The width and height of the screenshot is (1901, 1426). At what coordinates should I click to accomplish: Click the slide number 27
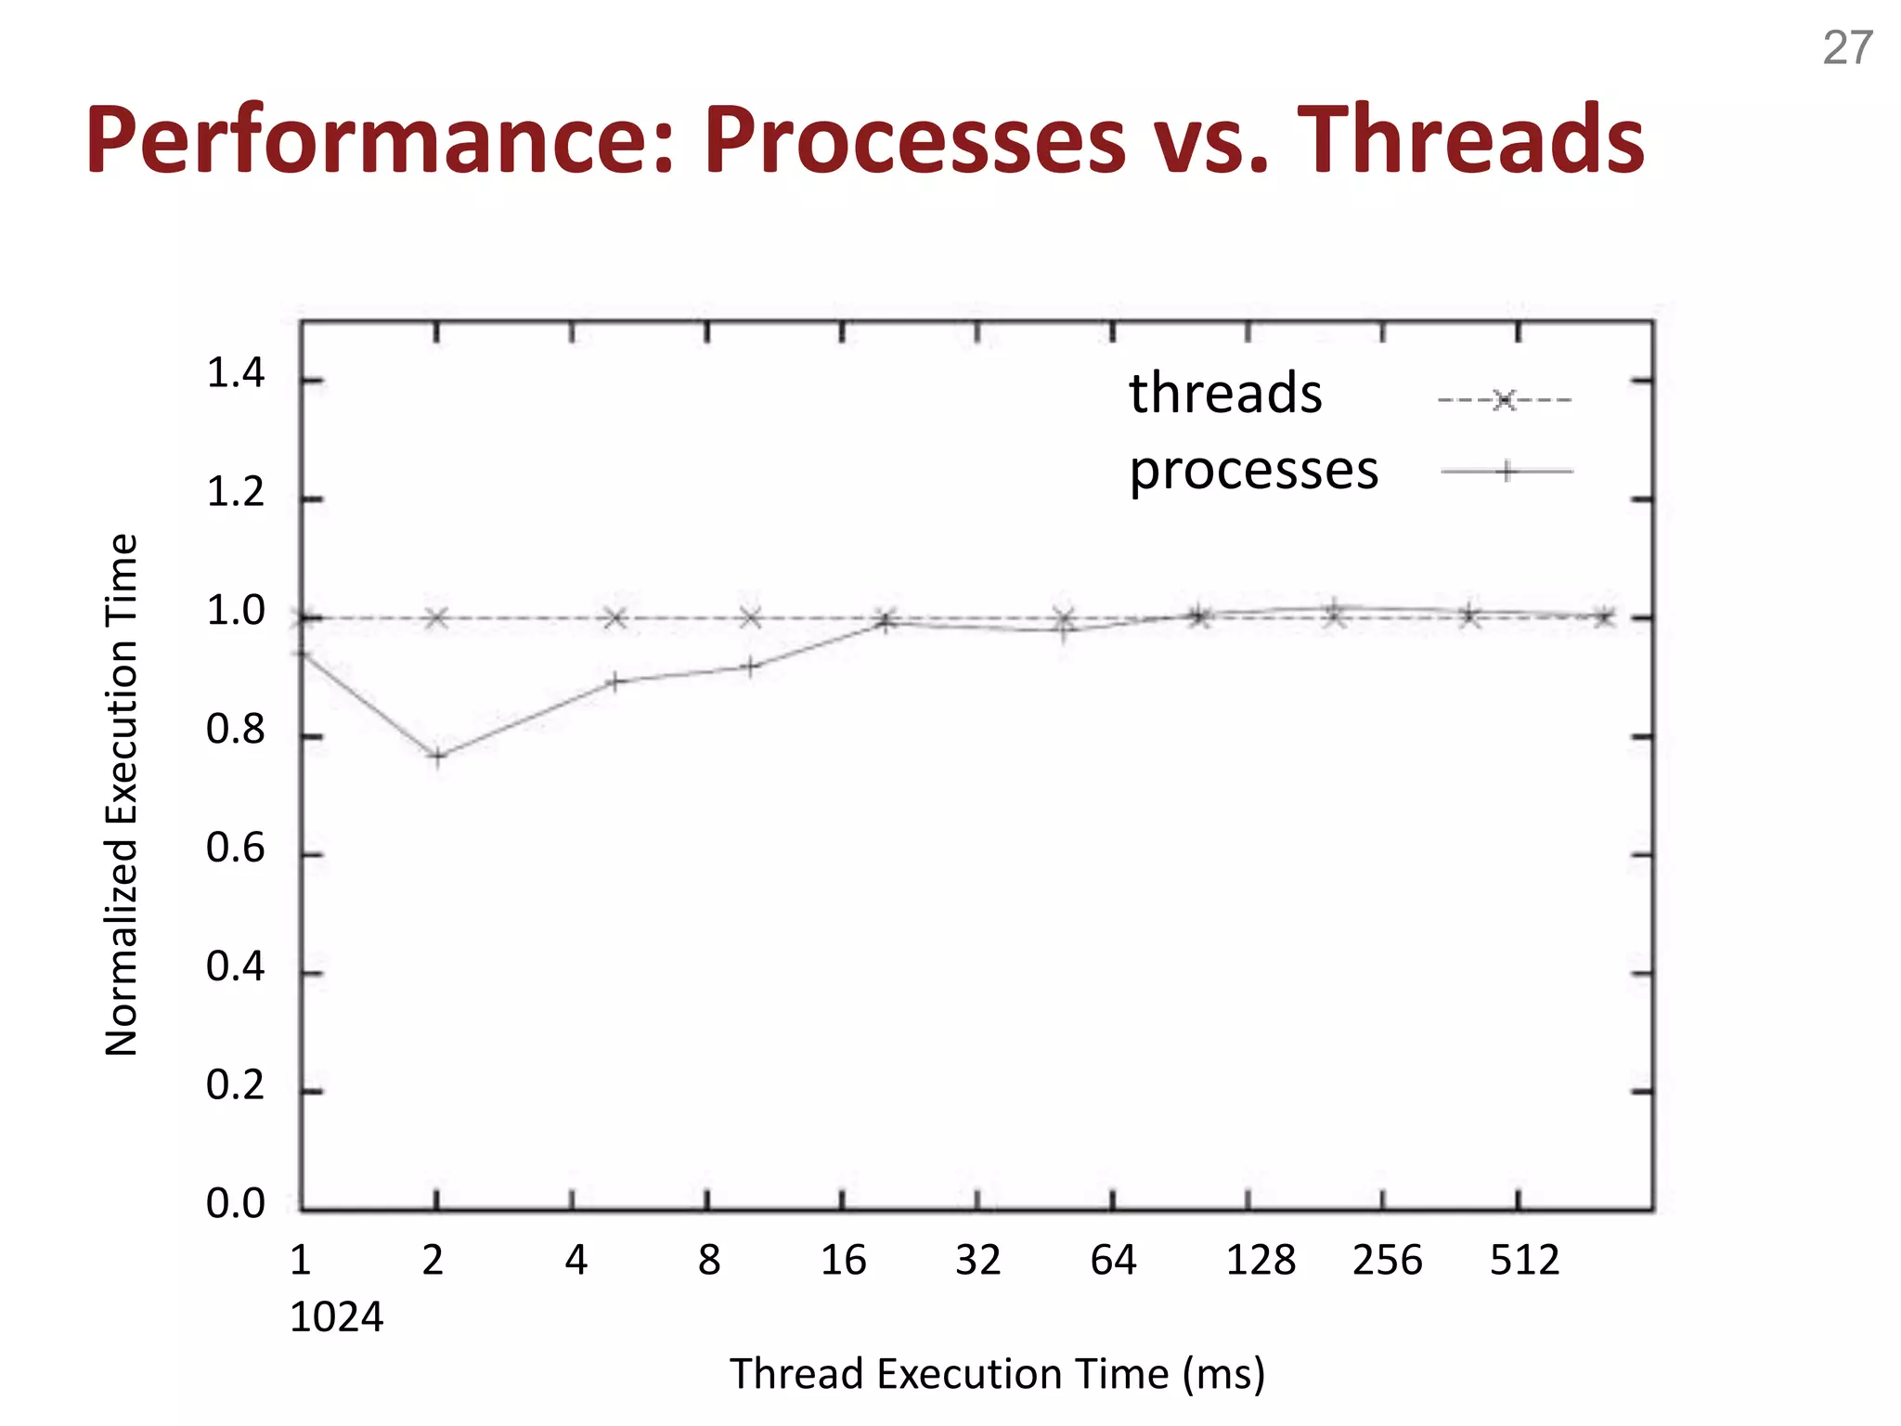(x=1847, y=48)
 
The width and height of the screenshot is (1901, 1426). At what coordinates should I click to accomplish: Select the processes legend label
(x=1253, y=470)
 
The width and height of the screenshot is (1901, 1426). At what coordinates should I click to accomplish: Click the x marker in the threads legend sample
(x=1505, y=400)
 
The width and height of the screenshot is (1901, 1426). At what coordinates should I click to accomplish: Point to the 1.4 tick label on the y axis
(x=235, y=374)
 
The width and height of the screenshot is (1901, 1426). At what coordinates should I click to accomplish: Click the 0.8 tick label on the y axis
(x=235, y=731)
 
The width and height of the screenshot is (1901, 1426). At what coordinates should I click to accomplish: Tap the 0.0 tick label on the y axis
(x=235, y=1204)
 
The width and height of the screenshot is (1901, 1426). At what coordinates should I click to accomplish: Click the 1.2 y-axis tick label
(x=235, y=493)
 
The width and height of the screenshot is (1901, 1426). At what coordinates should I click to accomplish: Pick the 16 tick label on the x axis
(x=843, y=1261)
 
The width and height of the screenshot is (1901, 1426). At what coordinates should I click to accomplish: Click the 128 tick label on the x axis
(x=1261, y=1261)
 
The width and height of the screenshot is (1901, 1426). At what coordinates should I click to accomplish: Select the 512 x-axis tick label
(x=1524, y=1261)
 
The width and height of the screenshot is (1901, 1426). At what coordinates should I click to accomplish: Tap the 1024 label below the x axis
(x=336, y=1317)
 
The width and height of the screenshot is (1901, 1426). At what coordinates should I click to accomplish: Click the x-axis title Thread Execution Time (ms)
(x=997, y=1374)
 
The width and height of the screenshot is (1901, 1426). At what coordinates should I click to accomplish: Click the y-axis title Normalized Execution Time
(x=122, y=795)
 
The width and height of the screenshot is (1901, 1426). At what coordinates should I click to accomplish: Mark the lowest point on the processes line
(x=437, y=756)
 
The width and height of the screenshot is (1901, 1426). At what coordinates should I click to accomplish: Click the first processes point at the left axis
(x=302, y=655)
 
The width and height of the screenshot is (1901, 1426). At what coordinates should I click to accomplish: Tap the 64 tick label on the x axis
(x=1113, y=1261)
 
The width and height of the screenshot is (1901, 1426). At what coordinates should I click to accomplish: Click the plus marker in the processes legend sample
(x=1507, y=472)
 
